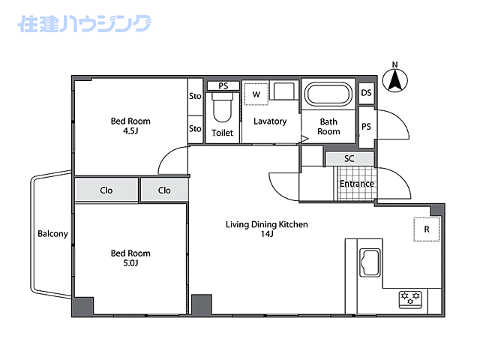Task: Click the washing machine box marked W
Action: click(x=256, y=94)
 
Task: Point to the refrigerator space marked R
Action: click(x=427, y=229)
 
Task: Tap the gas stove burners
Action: click(x=411, y=299)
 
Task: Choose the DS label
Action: click(x=366, y=93)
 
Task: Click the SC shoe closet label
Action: click(x=349, y=159)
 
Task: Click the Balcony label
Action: click(x=52, y=234)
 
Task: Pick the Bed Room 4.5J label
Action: click(x=130, y=126)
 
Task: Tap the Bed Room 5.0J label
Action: click(x=130, y=258)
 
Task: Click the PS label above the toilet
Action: click(x=223, y=86)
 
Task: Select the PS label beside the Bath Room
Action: click(x=366, y=127)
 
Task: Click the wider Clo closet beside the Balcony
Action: click(x=106, y=190)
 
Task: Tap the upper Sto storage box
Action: click(x=195, y=96)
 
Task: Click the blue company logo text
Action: click(x=83, y=24)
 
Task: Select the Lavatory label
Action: click(x=270, y=121)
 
